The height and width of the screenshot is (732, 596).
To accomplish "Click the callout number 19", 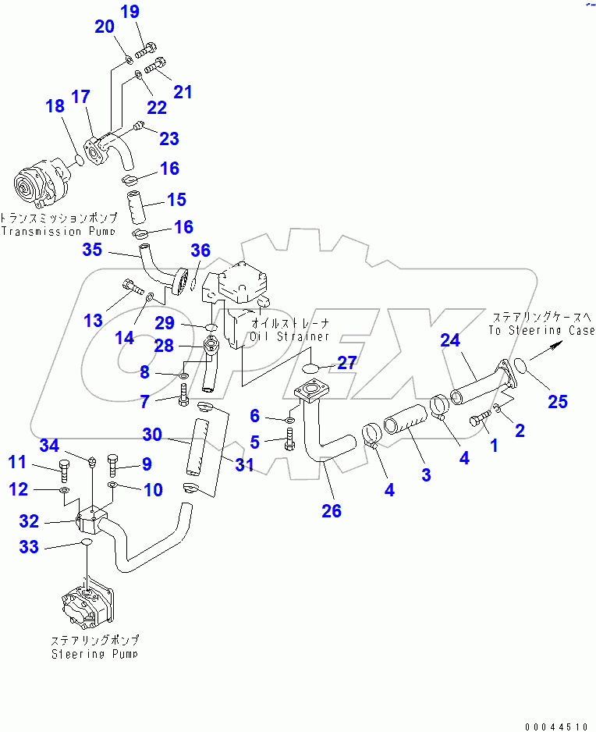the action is tap(130, 12).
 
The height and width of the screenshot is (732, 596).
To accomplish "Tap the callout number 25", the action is tap(557, 402).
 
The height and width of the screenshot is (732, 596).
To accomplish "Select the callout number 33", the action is tap(29, 547).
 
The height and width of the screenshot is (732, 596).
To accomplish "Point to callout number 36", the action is tap(200, 251).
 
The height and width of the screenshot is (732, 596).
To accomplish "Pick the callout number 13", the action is tap(93, 321).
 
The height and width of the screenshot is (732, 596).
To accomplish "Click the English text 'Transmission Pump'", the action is tap(58, 232).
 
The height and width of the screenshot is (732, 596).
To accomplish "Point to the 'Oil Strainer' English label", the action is tap(289, 336).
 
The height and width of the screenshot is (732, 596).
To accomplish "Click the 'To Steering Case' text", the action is tap(541, 330).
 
